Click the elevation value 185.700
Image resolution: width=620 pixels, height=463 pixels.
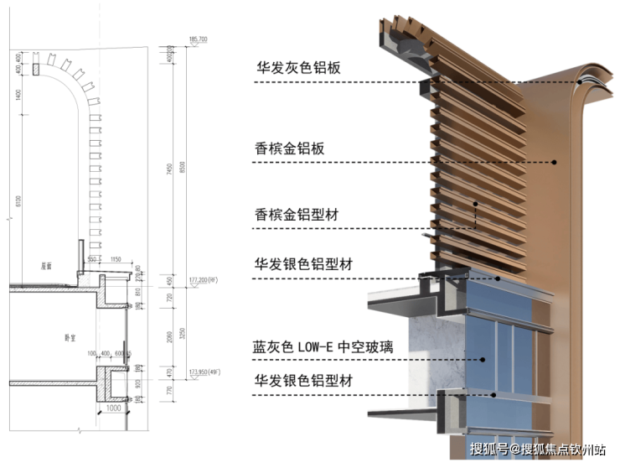(199, 39)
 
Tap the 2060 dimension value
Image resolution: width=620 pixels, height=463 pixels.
(171, 335)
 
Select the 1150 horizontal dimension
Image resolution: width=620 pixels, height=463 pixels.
(116, 259)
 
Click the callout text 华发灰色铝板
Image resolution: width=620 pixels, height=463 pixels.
(298, 67)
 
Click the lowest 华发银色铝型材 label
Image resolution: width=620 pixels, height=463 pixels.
(304, 380)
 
